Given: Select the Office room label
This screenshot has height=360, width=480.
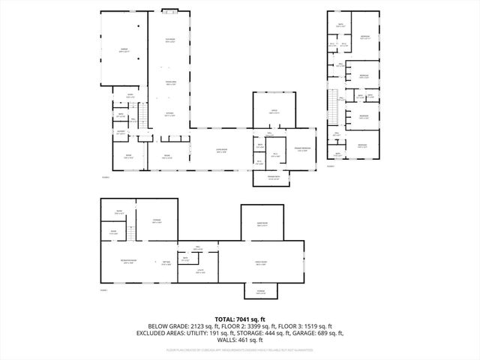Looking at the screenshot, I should point(274,111).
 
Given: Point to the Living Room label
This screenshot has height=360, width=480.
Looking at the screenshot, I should point(222,151).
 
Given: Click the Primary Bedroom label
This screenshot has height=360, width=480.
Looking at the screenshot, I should point(302,148).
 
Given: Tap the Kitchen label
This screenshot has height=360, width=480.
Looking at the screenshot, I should point(170,115).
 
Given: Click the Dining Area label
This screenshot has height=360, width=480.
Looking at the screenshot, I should point(171,83).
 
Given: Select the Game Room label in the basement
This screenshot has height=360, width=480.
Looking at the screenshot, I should point(263,223).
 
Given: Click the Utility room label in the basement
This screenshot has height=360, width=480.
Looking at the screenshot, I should point(201,271).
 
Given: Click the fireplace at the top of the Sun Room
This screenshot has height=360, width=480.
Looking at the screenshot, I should point(171,11).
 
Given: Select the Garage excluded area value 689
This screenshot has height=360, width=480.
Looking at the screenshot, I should point(322,333).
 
